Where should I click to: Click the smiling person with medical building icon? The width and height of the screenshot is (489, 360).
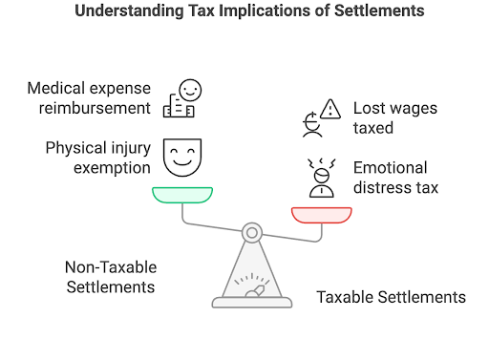tap(182, 98)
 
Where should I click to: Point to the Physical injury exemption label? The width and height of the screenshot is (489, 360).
tap(97, 158)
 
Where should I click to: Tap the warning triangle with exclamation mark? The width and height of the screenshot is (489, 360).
tap(330, 108)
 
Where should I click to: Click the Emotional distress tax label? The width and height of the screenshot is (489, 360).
tap(395, 177)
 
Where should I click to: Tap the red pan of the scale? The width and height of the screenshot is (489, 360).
tap(320, 213)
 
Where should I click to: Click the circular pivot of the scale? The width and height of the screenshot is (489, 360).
tap(251, 231)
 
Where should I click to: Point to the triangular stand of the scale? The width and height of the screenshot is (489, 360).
tap(251, 272)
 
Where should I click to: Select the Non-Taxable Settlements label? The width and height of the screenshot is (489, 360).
tap(110, 277)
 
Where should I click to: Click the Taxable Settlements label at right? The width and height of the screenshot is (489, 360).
tap(391, 297)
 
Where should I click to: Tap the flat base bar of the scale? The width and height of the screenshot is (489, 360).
tap(251, 303)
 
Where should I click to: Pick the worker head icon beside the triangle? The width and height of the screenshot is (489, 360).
tap(308, 122)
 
